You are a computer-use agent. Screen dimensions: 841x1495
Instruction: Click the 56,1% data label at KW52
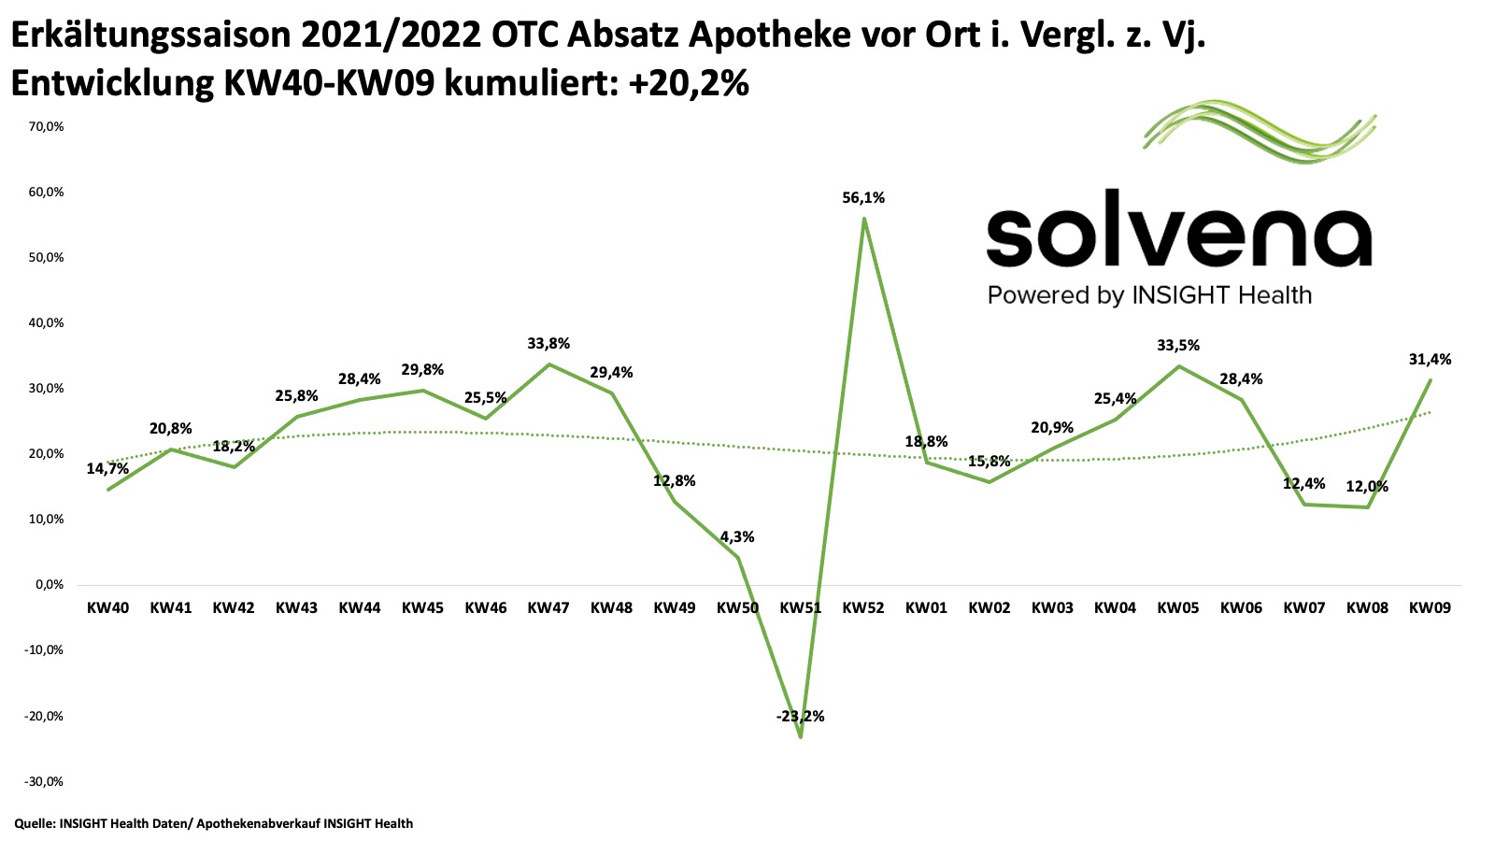[x=862, y=198]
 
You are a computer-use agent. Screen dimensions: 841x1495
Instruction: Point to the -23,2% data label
[x=800, y=717]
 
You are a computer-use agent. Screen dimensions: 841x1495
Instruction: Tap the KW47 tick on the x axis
[x=548, y=607]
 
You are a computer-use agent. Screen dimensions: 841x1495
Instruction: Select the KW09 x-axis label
[x=1430, y=607]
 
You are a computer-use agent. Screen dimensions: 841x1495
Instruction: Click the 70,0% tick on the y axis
[x=45, y=126]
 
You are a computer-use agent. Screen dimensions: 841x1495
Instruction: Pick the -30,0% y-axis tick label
[x=43, y=781]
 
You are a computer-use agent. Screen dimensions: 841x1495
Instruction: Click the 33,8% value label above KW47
[x=548, y=344]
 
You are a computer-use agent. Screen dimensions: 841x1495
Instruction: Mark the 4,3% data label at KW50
[x=737, y=537]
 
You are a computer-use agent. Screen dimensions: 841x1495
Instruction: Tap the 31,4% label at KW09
[x=1430, y=360]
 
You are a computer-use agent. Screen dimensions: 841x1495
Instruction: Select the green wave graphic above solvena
[x=1260, y=132]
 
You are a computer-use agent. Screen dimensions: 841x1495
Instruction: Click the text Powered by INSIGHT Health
[x=1149, y=295]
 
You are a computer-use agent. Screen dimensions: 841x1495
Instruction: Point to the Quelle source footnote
[x=213, y=823]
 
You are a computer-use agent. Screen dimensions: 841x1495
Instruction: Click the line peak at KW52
[x=864, y=219]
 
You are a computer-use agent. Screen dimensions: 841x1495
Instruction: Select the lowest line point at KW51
[x=801, y=736]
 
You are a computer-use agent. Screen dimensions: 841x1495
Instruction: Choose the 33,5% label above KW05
[x=1178, y=346]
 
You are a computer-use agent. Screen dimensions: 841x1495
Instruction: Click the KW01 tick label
[x=926, y=607]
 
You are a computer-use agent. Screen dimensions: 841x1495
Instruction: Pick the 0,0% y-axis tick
[x=48, y=585]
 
